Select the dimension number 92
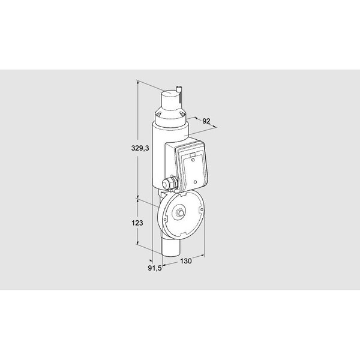(x=206, y=121)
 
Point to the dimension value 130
(x=185, y=261)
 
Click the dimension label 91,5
(x=155, y=268)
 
